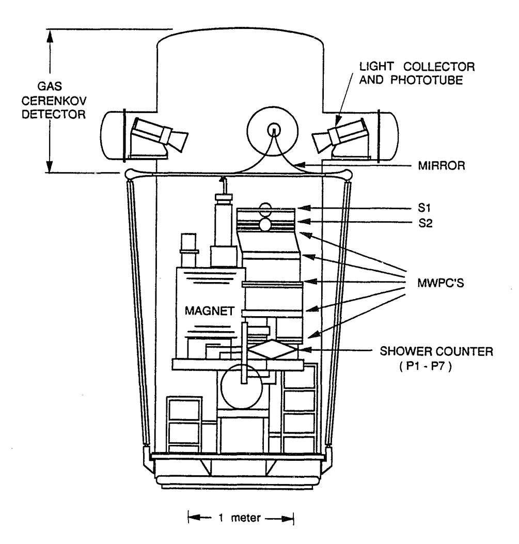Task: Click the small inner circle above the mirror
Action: click(x=273, y=129)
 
